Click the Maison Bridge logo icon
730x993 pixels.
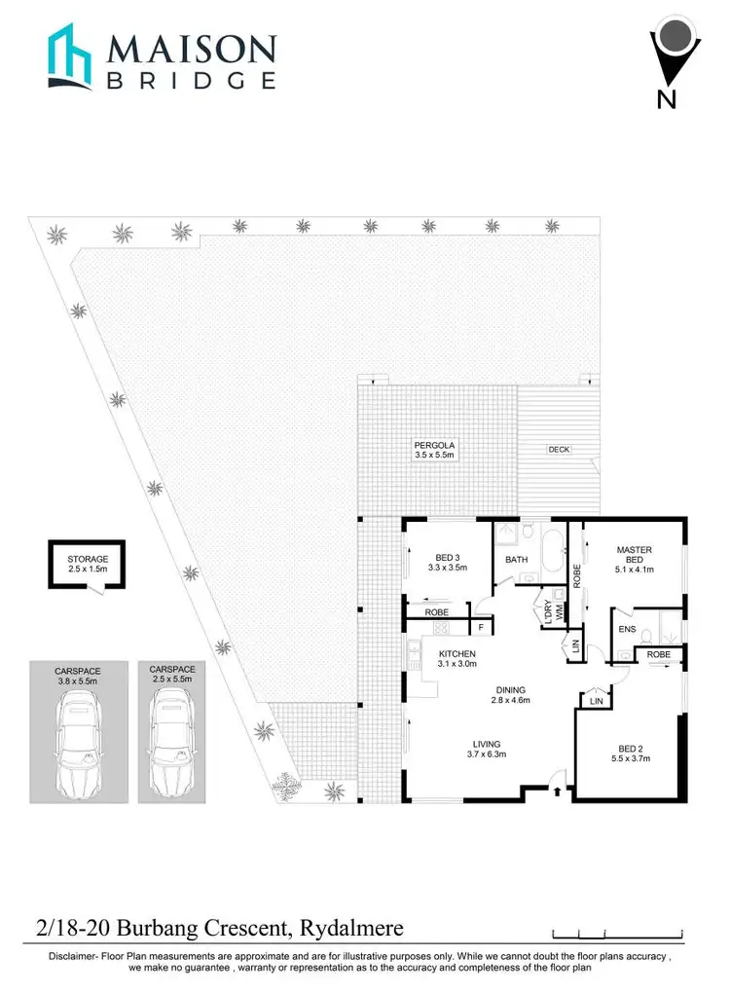click(72, 59)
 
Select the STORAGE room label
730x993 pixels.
click(89, 559)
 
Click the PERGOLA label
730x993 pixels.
click(434, 445)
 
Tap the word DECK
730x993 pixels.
click(559, 450)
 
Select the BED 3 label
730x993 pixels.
click(450, 558)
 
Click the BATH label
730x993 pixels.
click(516, 560)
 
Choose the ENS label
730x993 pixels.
click(628, 630)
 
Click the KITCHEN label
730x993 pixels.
click(456, 653)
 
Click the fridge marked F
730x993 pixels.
click(481, 629)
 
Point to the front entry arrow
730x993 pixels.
click(556, 791)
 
